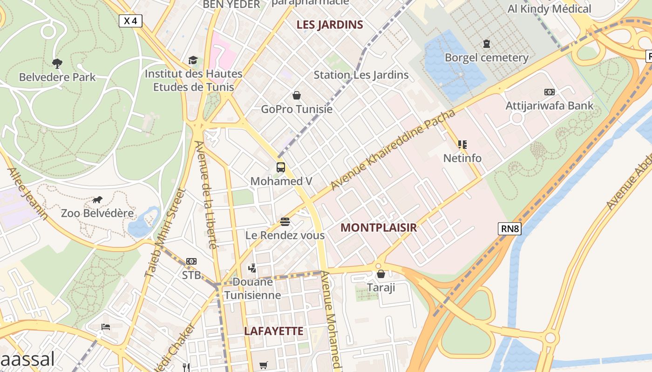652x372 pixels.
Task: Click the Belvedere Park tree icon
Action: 57,63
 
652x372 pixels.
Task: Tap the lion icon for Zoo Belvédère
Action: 97,200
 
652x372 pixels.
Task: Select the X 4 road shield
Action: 130,21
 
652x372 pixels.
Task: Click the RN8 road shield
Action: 509,229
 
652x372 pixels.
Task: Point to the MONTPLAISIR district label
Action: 378,227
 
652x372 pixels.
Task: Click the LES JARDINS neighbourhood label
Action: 330,25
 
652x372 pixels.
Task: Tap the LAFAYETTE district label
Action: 274,331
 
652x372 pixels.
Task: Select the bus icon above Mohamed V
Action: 280,167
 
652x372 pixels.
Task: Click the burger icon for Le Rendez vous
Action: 285,222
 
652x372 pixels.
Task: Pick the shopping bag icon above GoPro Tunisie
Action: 297,96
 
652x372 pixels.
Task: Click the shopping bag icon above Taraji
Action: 381,274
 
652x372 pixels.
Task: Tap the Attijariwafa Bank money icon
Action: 550,92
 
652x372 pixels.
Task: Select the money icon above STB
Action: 191,261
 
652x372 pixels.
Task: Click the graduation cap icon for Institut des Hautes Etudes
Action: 193,60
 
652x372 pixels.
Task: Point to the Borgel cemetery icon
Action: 487,44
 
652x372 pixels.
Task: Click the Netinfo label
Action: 462,158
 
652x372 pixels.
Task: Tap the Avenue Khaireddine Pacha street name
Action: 392,150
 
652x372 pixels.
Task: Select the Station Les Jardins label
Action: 361,75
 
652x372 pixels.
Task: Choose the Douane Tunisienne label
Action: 253,288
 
